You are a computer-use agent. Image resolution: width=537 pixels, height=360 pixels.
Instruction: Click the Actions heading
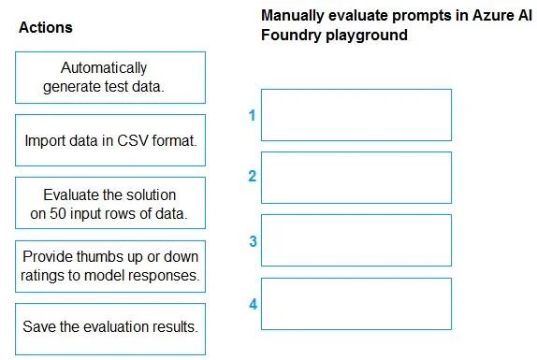46,27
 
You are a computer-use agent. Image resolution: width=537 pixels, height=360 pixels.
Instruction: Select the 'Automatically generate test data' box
110,78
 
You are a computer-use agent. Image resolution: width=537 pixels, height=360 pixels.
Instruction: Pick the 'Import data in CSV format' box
110,140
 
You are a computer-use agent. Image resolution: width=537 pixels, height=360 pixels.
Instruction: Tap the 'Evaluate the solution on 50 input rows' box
110,203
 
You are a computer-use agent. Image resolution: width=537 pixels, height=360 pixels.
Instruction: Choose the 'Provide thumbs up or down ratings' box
110,266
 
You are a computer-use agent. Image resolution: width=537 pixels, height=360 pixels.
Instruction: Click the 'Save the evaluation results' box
110,329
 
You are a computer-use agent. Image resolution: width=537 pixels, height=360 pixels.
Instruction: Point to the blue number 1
253,115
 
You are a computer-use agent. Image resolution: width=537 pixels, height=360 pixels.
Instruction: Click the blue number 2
253,176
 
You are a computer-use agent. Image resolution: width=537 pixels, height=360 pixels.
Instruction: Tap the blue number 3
253,241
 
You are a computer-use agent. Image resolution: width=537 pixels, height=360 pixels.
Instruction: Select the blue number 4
254,304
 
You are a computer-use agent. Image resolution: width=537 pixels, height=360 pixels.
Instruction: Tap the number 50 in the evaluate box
58,213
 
